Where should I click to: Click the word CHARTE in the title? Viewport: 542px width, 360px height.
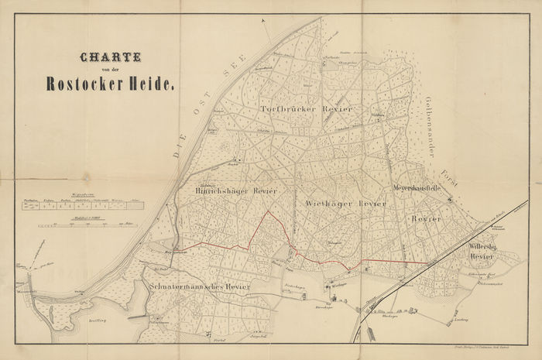[x=111, y=57]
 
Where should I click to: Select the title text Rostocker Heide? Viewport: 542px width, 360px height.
[x=110, y=84]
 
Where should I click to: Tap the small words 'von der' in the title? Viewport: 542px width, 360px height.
[x=110, y=70]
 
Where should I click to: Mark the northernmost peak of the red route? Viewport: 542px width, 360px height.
[x=268, y=211]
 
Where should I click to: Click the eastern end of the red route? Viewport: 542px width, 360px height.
[x=430, y=262]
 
